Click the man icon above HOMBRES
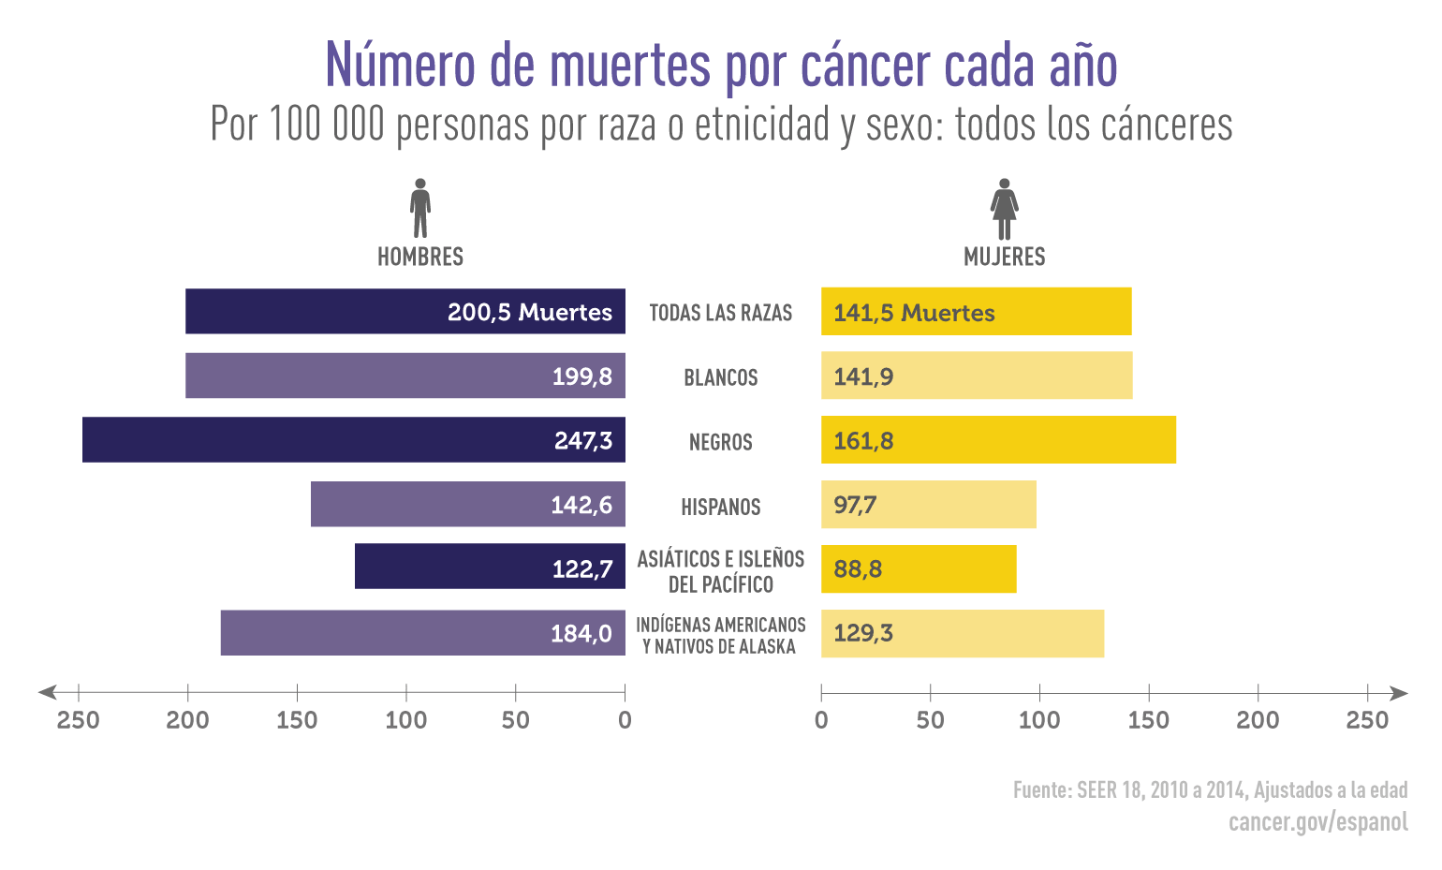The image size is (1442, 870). click(x=420, y=208)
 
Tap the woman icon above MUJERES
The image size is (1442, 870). click(x=1004, y=209)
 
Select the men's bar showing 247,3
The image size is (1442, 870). click(x=353, y=440)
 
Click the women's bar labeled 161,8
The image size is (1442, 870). click(x=998, y=440)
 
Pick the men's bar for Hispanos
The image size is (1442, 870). click(x=467, y=505)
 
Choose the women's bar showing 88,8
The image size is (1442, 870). click(x=919, y=568)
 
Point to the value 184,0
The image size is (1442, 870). click(x=581, y=634)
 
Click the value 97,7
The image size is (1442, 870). click(x=855, y=506)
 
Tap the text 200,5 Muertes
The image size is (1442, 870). click(x=529, y=312)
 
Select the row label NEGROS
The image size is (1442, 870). click(x=720, y=442)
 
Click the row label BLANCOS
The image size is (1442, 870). click(x=720, y=377)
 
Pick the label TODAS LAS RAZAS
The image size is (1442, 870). click(x=720, y=313)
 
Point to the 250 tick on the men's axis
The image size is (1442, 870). click(x=79, y=719)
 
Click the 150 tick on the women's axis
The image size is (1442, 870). click(x=1148, y=719)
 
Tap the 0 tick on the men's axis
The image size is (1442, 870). click(x=625, y=719)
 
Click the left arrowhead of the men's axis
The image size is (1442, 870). click(x=46, y=693)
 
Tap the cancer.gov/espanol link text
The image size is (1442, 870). click(x=1317, y=821)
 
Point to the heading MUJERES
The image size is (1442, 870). click(x=1004, y=257)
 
